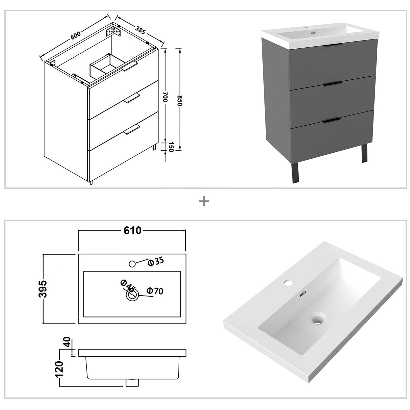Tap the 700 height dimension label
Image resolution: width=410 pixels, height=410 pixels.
165,98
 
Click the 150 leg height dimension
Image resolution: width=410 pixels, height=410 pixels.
170,147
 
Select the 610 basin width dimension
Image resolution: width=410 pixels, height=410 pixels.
132,231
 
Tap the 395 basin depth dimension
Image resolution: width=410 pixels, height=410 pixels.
43,289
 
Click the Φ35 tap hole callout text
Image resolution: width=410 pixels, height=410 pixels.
156,262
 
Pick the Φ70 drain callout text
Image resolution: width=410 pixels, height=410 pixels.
155,291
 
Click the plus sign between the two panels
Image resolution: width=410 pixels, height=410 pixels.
204,202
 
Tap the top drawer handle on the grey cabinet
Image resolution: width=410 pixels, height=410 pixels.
333,46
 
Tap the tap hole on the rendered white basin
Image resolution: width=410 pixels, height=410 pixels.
288,281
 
